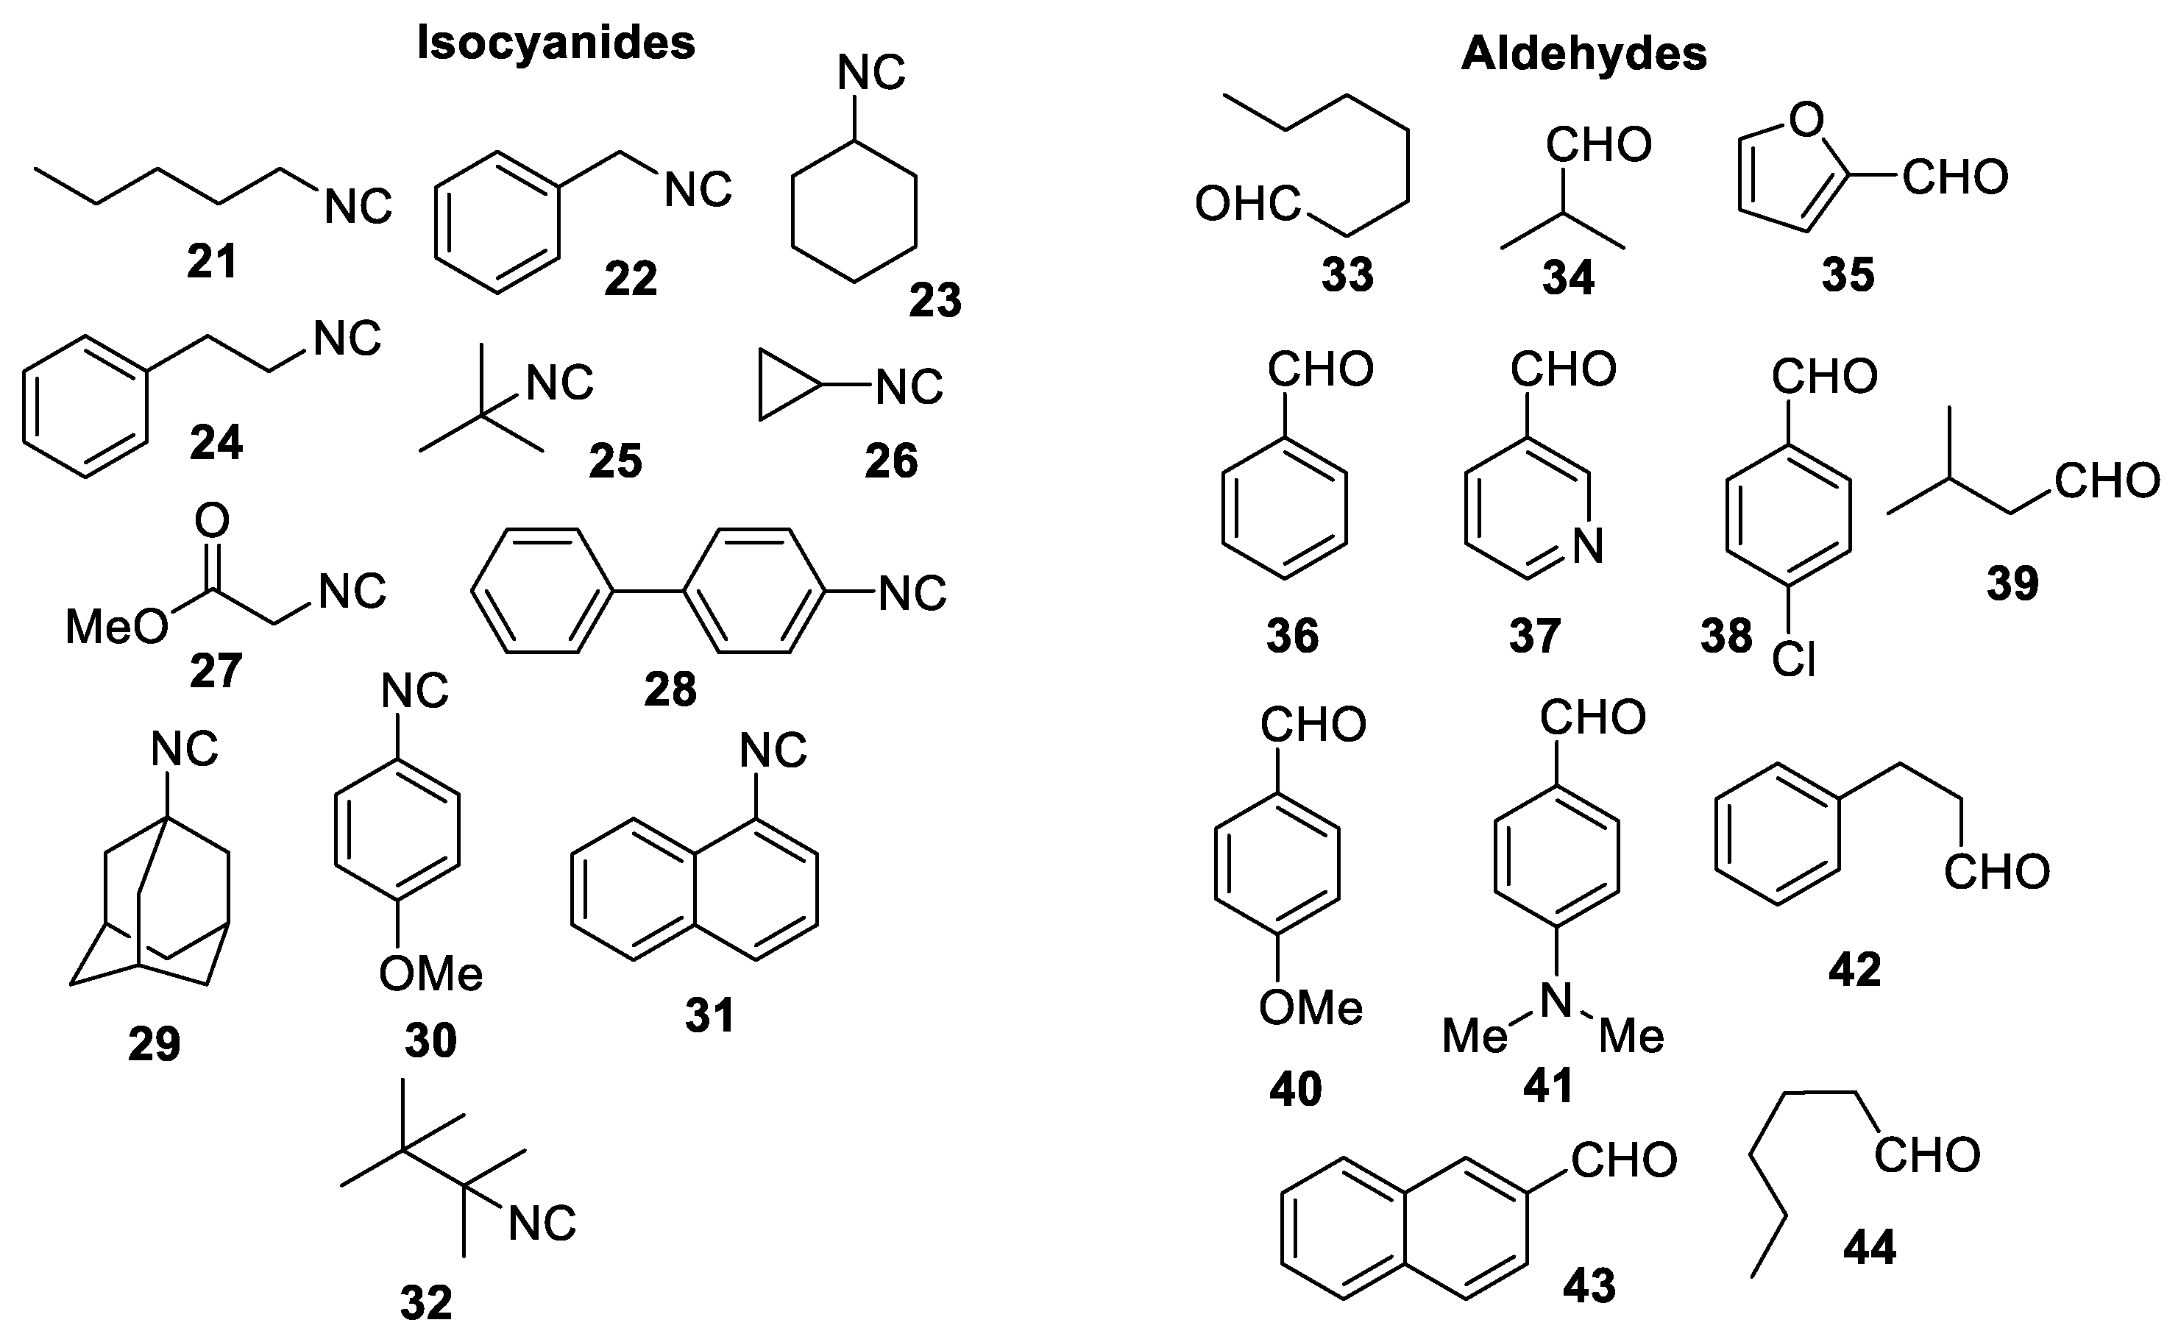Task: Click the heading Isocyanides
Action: point(556,42)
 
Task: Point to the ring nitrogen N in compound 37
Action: point(1588,546)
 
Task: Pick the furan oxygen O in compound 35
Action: point(1806,120)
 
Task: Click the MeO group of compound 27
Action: point(117,627)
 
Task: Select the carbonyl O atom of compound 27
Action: point(211,520)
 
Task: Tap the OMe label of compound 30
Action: point(430,973)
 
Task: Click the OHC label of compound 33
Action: point(1247,205)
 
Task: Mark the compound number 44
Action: point(1870,1247)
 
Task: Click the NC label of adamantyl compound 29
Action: point(184,749)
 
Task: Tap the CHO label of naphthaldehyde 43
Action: point(1624,1160)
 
